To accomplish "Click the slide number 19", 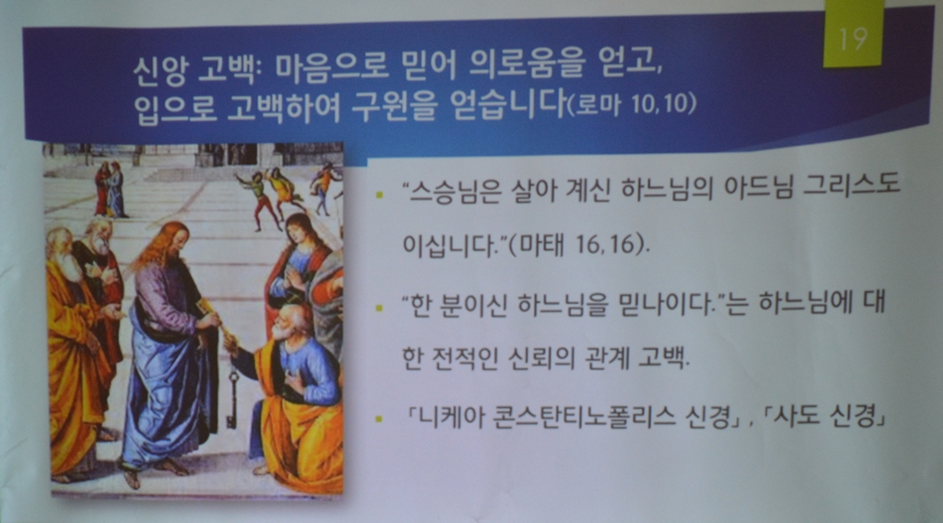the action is tap(852, 38).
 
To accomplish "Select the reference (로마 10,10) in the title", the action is tap(632, 104).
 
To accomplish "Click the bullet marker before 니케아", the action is tap(378, 418).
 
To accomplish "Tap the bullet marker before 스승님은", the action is tap(378, 194).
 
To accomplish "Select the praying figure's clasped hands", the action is tap(294, 278).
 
